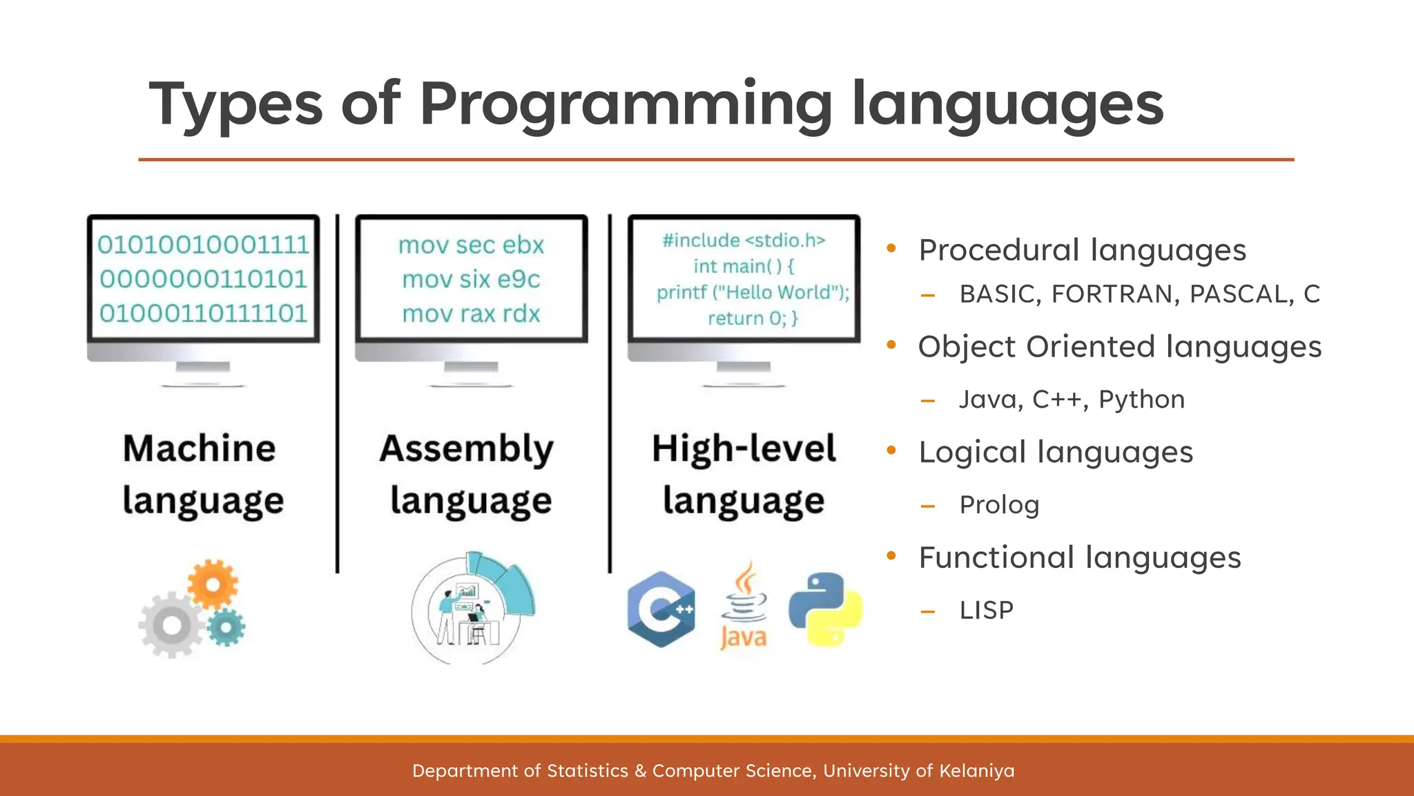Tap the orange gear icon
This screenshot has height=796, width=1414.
click(x=213, y=585)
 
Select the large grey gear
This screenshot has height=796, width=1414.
click(x=171, y=625)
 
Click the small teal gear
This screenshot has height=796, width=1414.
click(x=226, y=628)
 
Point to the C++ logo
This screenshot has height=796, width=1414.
click(x=661, y=609)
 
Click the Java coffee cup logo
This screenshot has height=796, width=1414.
click(x=744, y=605)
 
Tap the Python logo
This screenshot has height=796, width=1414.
click(x=826, y=609)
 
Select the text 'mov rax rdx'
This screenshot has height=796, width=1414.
click(x=471, y=314)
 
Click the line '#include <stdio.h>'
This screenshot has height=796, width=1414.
click(x=744, y=240)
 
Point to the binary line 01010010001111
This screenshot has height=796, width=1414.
click(x=203, y=245)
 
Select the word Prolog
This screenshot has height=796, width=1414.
click(x=998, y=505)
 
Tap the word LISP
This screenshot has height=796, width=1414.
click(x=986, y=610)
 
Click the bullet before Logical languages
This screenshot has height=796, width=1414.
click(x=891, y=451)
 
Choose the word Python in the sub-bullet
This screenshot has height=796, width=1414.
click(x=1141, y=399)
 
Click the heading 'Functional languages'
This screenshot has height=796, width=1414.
click(x=1079, y=558)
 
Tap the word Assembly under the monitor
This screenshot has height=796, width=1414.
click(x=467, y=449)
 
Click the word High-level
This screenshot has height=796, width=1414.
click(x=744, y=449)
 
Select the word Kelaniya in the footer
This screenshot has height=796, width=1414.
click(x=976, y=770)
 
